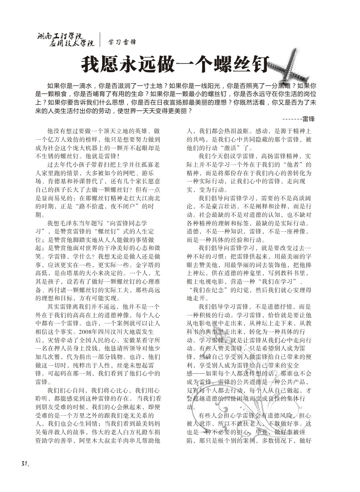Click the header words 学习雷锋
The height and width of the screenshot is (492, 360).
click(x=122, y=43)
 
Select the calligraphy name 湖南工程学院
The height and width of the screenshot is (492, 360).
click(x=61, y=35)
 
